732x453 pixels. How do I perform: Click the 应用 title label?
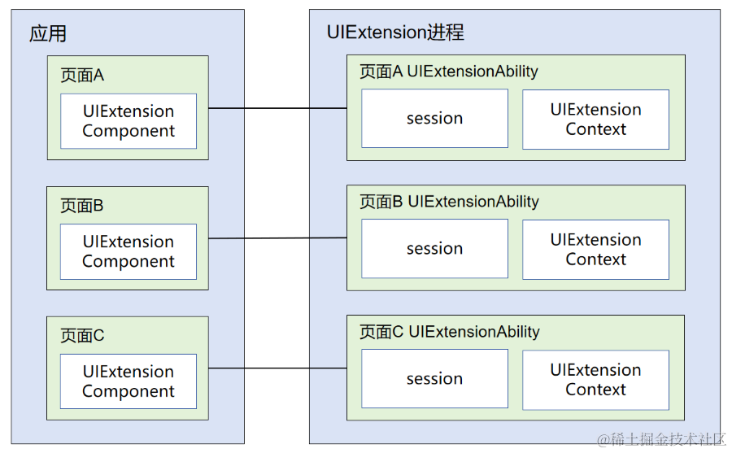[x=48, y=33]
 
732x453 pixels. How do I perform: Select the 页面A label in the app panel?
[x=82, y=75]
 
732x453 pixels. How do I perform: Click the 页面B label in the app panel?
[x=82, y=205]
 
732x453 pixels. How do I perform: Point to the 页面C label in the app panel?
[x=82, y=335]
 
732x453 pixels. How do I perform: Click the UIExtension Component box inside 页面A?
[x=129, y=121]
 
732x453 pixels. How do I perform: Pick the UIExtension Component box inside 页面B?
[x=129, y=251]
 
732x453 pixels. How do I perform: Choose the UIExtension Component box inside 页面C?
[x=129, y=381]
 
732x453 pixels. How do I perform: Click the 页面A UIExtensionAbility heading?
[x=449, y=72]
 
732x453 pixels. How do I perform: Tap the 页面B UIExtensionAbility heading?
[x=449, y=202]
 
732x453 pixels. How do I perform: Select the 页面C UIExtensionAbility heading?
[x=449, y=332]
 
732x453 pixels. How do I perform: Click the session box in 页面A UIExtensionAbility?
[x=434, y=119]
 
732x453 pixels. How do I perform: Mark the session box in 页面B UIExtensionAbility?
[x=434, y=249]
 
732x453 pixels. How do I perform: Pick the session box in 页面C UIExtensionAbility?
[x=434, y=379]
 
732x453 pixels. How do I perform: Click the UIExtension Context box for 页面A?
[x=595, y=120]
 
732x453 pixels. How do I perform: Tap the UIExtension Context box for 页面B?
[x=595, y=250]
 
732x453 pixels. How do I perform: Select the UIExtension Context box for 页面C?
[x=595, y=380]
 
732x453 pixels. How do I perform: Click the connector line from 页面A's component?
[x=277, y=108]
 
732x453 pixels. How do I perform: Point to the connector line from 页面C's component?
[x=277, y=368]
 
